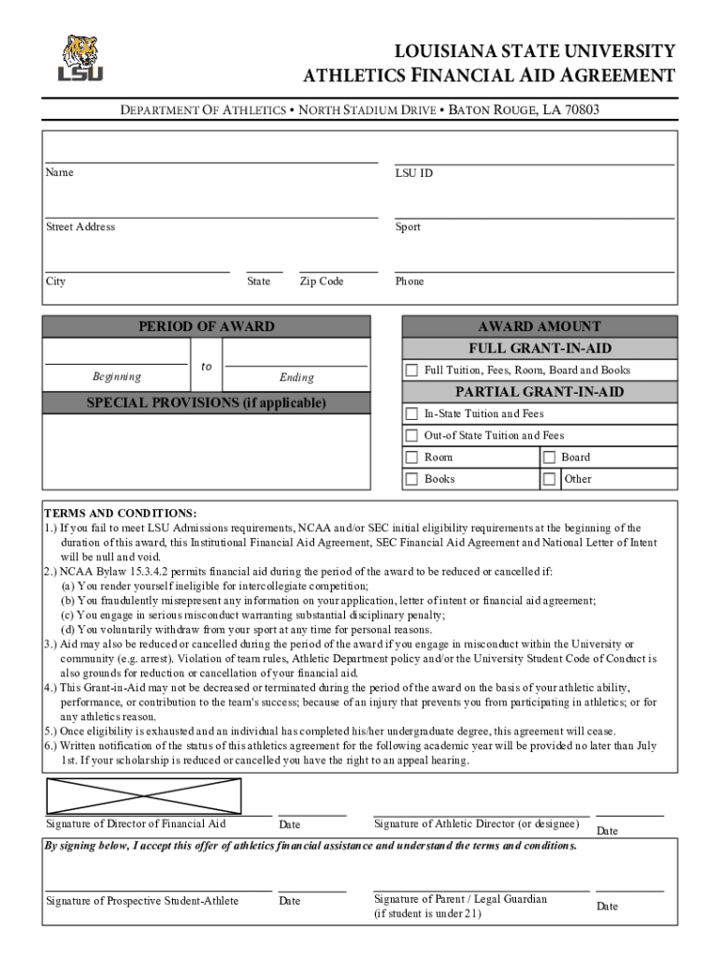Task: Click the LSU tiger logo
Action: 80,58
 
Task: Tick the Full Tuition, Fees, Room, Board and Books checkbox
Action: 411,370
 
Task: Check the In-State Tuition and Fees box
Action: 411,414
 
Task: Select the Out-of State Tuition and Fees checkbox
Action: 411,435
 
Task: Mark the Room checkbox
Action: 411,457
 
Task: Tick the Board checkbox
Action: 550,457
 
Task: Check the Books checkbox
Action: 411,479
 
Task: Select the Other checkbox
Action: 550,479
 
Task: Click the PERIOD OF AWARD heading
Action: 207,327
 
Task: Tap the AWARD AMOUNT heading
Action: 540,327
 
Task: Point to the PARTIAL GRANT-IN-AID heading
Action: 540,392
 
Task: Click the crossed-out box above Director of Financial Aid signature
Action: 144,796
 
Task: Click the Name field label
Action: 60,172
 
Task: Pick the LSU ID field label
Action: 413,173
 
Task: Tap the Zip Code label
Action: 322,282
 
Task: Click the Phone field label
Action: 410,282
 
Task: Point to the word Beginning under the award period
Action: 117,377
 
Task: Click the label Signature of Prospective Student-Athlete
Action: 142,901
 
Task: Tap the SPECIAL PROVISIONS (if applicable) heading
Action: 207,403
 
